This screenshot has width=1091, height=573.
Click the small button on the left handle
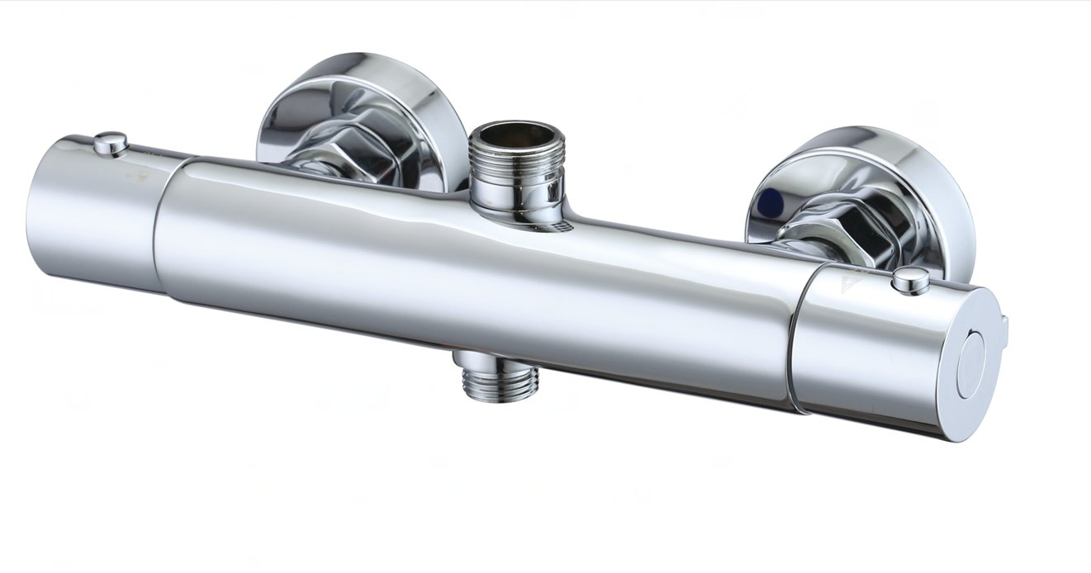[110, 144]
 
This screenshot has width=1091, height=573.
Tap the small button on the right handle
[910, 281]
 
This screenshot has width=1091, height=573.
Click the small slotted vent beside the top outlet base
[562, 224]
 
